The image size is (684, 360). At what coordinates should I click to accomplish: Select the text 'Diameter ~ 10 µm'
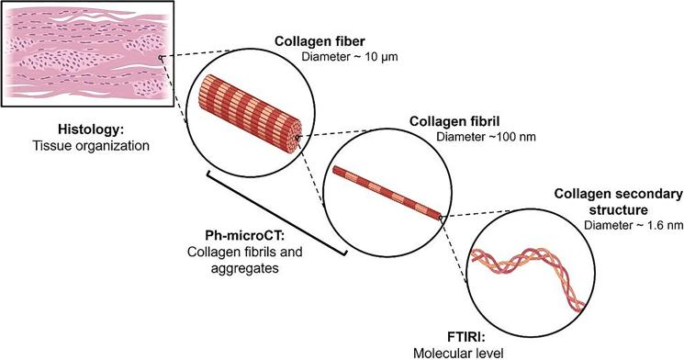click(x=350, y=58)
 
